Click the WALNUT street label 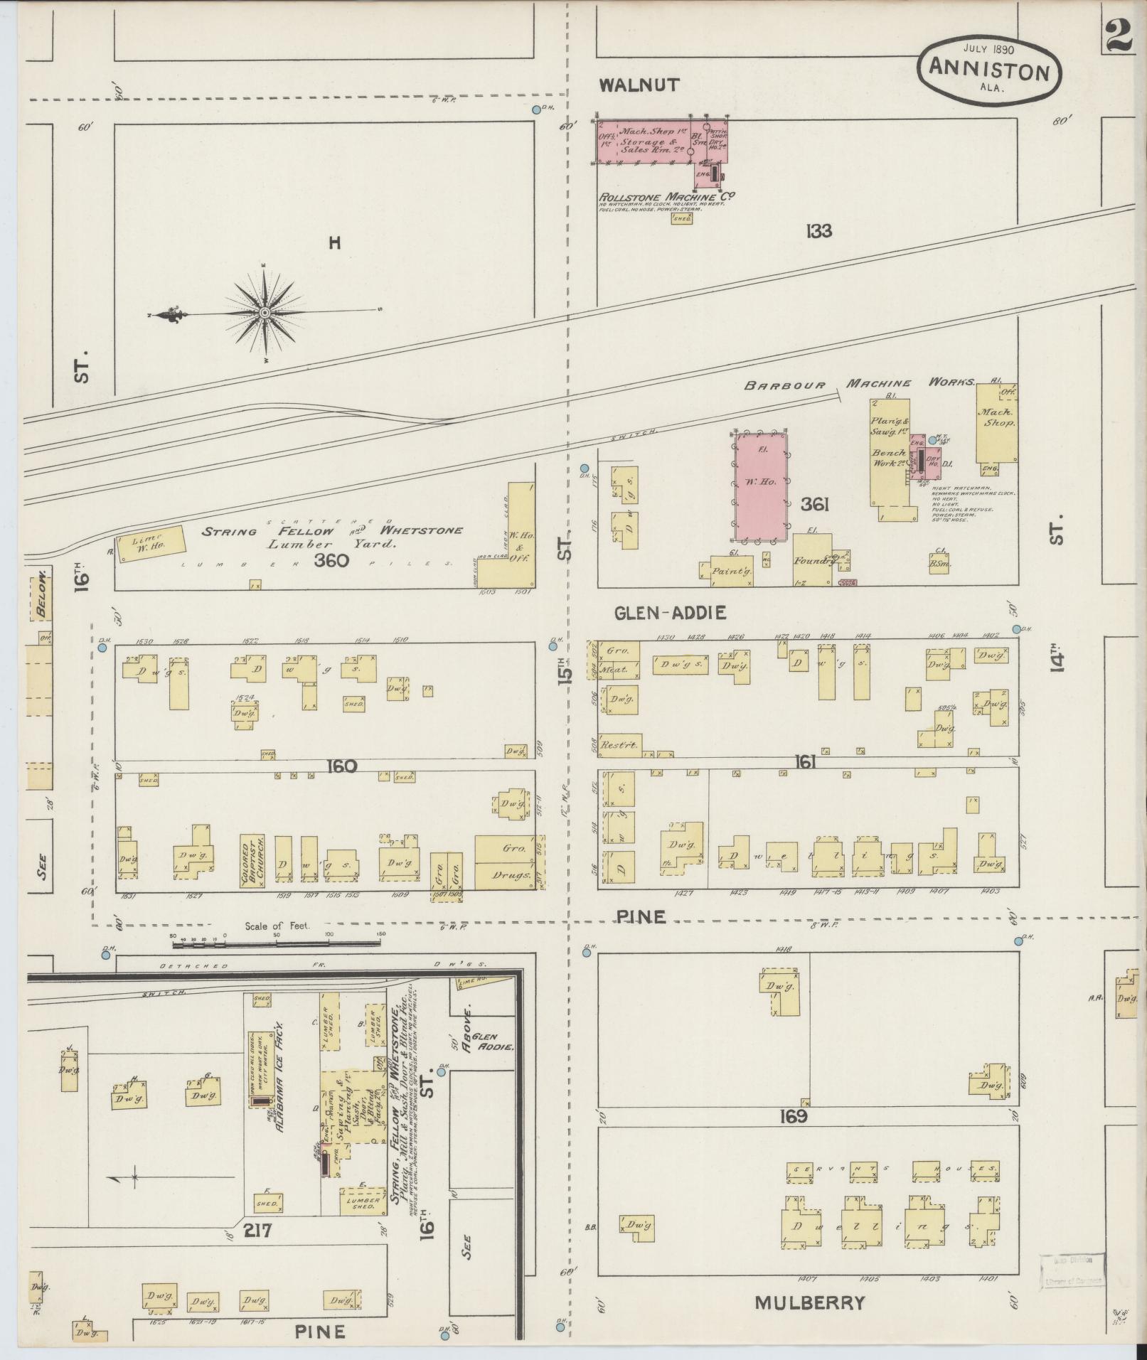639,85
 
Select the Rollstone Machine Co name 666,197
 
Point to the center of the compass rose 265,313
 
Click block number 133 818,231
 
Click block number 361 815,505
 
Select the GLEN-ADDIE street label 671,612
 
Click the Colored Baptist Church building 252,862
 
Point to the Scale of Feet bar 277,942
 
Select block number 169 793,1116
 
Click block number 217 257,1230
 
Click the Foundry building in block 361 813,561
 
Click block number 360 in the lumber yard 332,561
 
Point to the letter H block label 334,244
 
